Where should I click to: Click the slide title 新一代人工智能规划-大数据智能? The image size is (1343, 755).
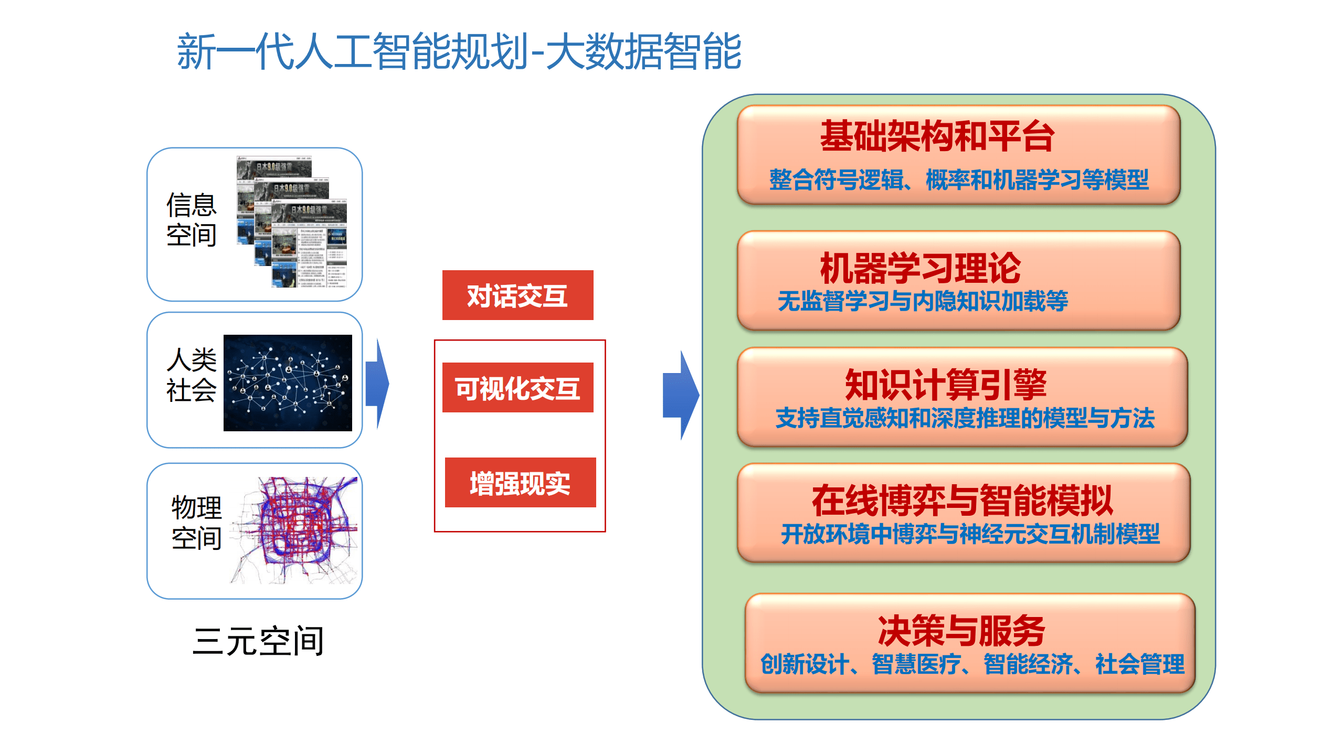(459, 51)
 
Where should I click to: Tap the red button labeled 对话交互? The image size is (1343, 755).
(517, 295)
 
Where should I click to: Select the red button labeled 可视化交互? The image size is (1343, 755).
(517, 388)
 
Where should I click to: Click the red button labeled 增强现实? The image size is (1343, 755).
(520, 483)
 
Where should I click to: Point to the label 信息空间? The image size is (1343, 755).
(192, 219)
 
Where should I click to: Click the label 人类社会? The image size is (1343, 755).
(192, 375)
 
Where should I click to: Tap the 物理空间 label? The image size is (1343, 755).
(197, 523)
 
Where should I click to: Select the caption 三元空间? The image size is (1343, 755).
(258, 641)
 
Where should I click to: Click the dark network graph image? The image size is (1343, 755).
(288, 383)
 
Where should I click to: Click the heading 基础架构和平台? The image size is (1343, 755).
(937, 136)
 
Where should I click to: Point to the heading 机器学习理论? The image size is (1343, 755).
(921, 268)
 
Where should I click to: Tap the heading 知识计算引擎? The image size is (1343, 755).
(946, 385)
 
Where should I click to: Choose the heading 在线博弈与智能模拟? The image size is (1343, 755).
(963, 501)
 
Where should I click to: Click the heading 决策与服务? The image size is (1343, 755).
(961, 631)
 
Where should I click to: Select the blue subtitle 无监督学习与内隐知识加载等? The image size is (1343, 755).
(923, 301)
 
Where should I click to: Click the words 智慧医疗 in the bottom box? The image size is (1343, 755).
(916, 664)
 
